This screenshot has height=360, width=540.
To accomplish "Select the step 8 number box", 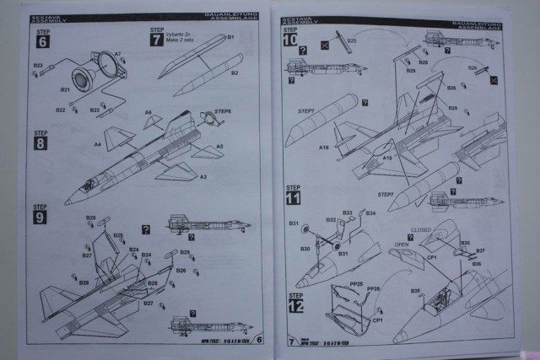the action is point(40,142).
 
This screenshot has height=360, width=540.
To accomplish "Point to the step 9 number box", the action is point(40,215).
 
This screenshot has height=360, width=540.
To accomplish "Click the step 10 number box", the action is point(291,41).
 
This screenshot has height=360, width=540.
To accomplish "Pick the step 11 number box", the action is point(292,200).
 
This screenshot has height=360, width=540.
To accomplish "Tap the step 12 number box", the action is point(294,304).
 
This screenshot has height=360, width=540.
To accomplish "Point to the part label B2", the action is point(236,73).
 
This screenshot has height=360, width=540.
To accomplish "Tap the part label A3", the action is point(203,176).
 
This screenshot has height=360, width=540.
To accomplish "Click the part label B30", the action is point(305,249).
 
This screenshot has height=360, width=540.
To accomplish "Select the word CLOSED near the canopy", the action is point(421,229).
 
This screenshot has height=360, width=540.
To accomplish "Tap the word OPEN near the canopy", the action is point(401,247).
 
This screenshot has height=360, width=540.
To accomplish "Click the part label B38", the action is point(415,291).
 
